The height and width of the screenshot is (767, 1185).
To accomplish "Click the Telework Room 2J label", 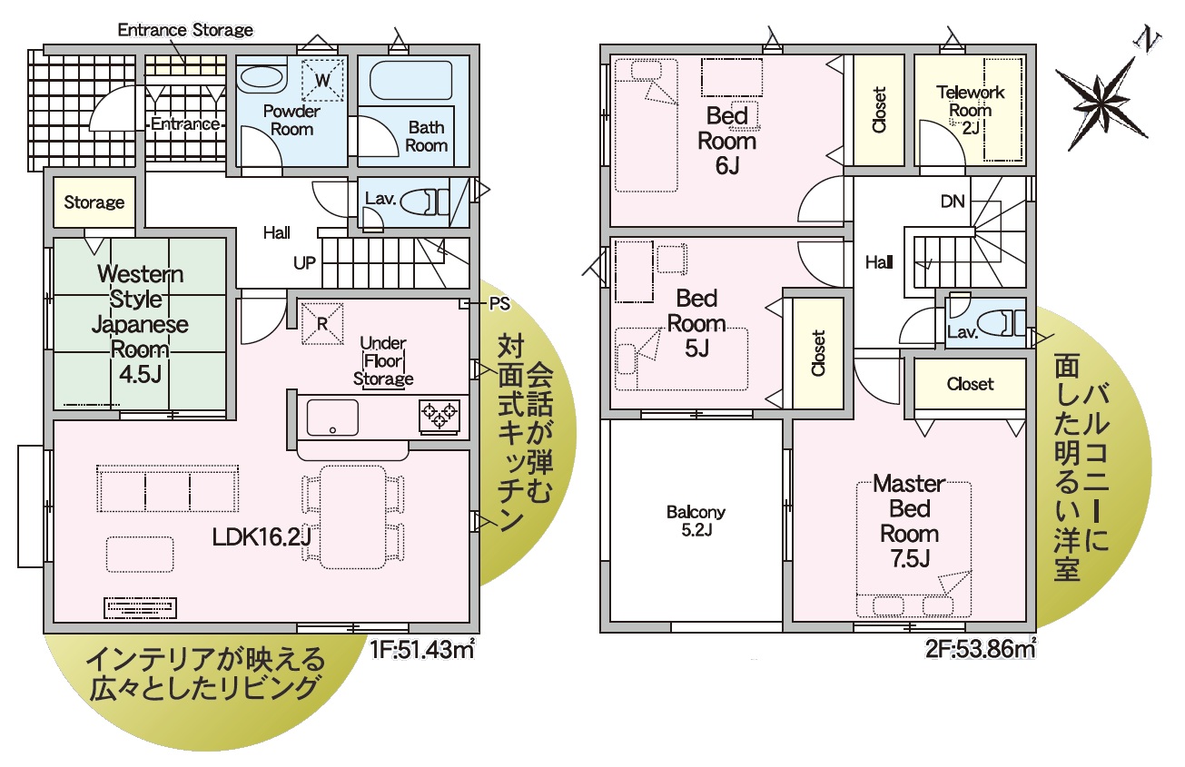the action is coord(970,110).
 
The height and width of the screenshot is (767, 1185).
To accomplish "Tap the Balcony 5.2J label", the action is coord(696,520).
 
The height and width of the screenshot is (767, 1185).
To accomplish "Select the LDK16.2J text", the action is coord(262,537).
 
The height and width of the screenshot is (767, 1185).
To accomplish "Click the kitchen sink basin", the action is coord(332,418).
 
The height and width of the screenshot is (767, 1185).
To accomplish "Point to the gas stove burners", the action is coord(439,417).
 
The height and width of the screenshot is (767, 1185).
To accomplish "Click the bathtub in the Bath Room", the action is coord(410,81).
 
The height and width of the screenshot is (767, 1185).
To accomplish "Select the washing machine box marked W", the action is coord(322,79).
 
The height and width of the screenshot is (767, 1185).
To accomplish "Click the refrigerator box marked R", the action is coord(322,323).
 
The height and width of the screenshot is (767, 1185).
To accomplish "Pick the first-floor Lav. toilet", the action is coord(424,202).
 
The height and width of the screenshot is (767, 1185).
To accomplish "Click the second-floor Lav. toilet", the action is coord(1001,322).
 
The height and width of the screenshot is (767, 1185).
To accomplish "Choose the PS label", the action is coord(499,304).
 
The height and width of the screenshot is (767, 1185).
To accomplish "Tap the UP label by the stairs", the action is coord(304,263).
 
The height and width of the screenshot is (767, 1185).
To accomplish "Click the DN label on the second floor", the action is coord(953,201).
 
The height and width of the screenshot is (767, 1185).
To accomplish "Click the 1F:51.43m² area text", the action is coord(421,649).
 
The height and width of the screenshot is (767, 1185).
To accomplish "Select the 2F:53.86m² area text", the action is coord(981,648).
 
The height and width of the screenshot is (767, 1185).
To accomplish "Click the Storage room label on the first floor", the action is coord(94,202).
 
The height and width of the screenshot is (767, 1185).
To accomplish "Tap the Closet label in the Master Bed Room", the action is coord(970,383).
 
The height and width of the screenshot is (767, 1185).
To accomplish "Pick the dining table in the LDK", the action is coord(353,516).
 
